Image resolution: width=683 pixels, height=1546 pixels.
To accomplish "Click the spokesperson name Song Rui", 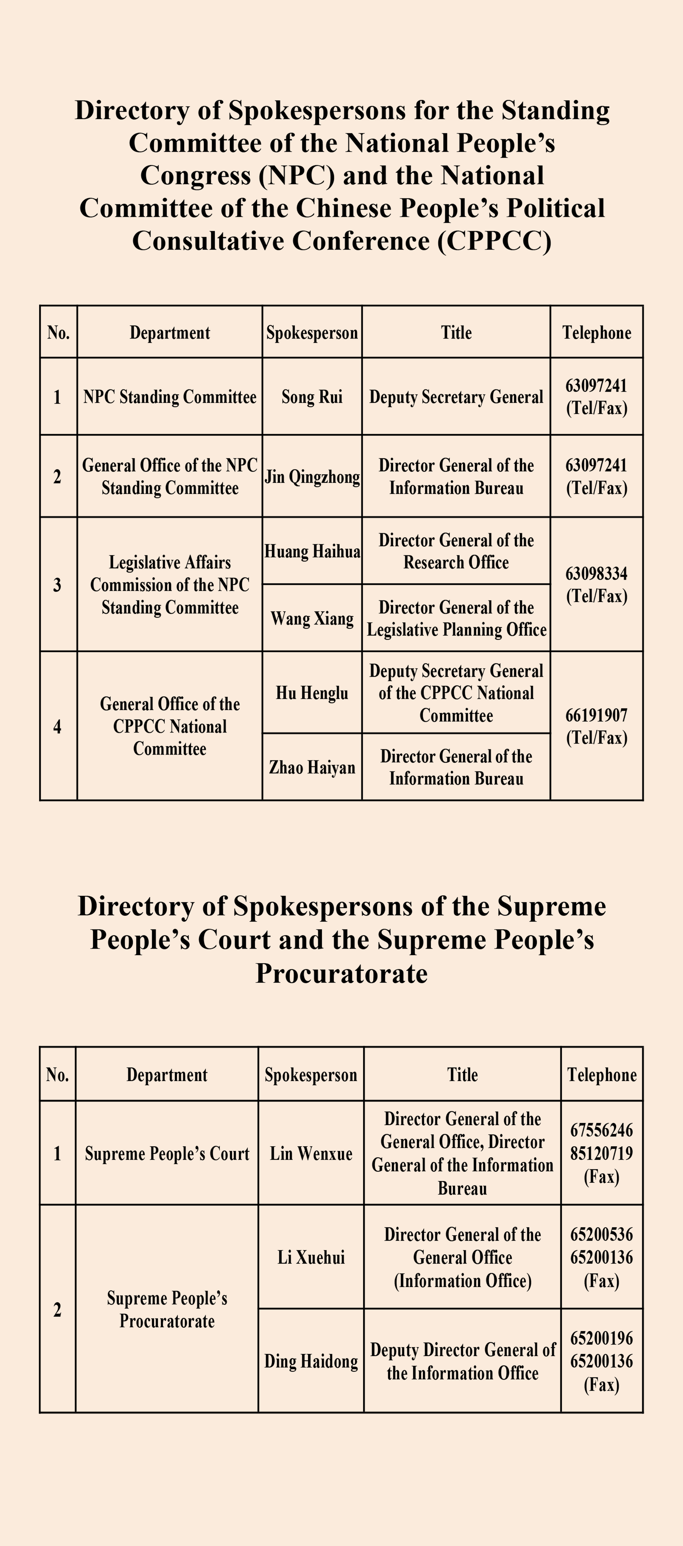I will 312,397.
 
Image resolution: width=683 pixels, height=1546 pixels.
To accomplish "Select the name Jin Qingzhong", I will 312,477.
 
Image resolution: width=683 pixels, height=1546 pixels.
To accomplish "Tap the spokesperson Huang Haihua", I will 312,551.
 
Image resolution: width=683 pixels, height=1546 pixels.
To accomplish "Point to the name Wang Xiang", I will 312,618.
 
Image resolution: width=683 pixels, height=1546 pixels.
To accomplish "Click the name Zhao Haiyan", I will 312,767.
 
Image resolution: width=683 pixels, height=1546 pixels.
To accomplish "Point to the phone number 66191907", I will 597,715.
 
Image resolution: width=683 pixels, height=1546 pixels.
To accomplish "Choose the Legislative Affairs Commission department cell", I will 170,585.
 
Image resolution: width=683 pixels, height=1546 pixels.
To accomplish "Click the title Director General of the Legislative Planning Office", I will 456,618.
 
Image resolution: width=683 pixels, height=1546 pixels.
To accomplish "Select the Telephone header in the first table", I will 597,333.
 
